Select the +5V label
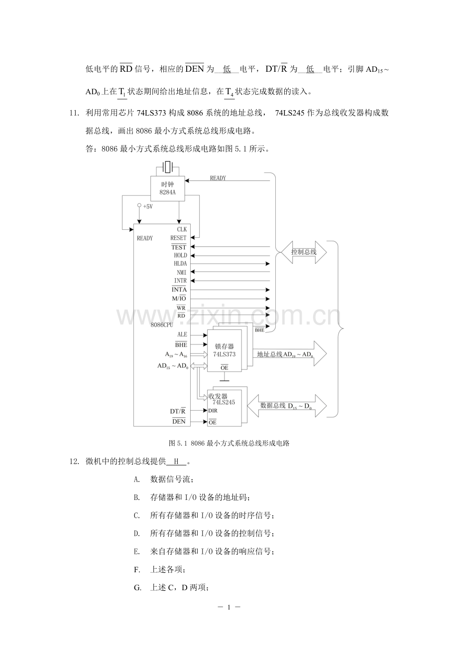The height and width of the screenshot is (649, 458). pos(148,206)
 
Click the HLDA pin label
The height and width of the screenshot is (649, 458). pos(180,264)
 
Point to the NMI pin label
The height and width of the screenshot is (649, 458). pos(182,272)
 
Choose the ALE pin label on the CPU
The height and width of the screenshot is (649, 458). pos(182,334)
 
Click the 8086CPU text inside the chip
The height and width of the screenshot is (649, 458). pos(162,324)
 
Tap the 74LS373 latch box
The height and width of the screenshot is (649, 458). pos(225,350)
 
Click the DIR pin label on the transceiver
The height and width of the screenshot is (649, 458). pos(213,411)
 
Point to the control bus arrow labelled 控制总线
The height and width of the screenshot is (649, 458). pos(304,252)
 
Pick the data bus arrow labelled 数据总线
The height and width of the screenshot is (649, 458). pos(286,406)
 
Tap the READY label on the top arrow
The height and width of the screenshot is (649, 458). pos(218,178)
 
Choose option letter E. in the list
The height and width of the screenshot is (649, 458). pos(136,551)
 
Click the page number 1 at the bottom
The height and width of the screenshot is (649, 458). pos(229,607)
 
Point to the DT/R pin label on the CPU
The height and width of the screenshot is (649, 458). pos(178,411)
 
